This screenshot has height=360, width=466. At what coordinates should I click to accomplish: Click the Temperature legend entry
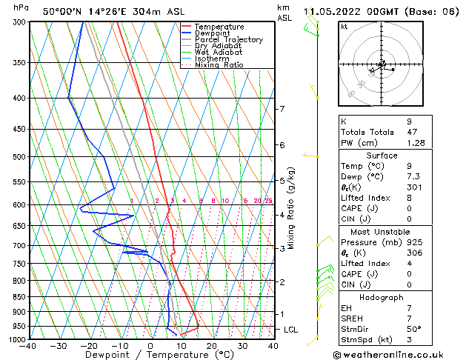(x=219, y=27)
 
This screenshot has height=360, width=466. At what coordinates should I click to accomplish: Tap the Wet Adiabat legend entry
(x=218, y=53)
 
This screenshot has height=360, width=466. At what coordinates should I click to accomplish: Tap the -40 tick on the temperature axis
(x=28, y=346)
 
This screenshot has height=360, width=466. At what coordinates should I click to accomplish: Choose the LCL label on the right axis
(x=291, y=329)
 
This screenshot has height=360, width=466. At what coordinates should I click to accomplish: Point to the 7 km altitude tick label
(x=281, y=109)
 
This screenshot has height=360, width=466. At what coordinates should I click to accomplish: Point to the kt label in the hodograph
(x=344, y=27)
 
